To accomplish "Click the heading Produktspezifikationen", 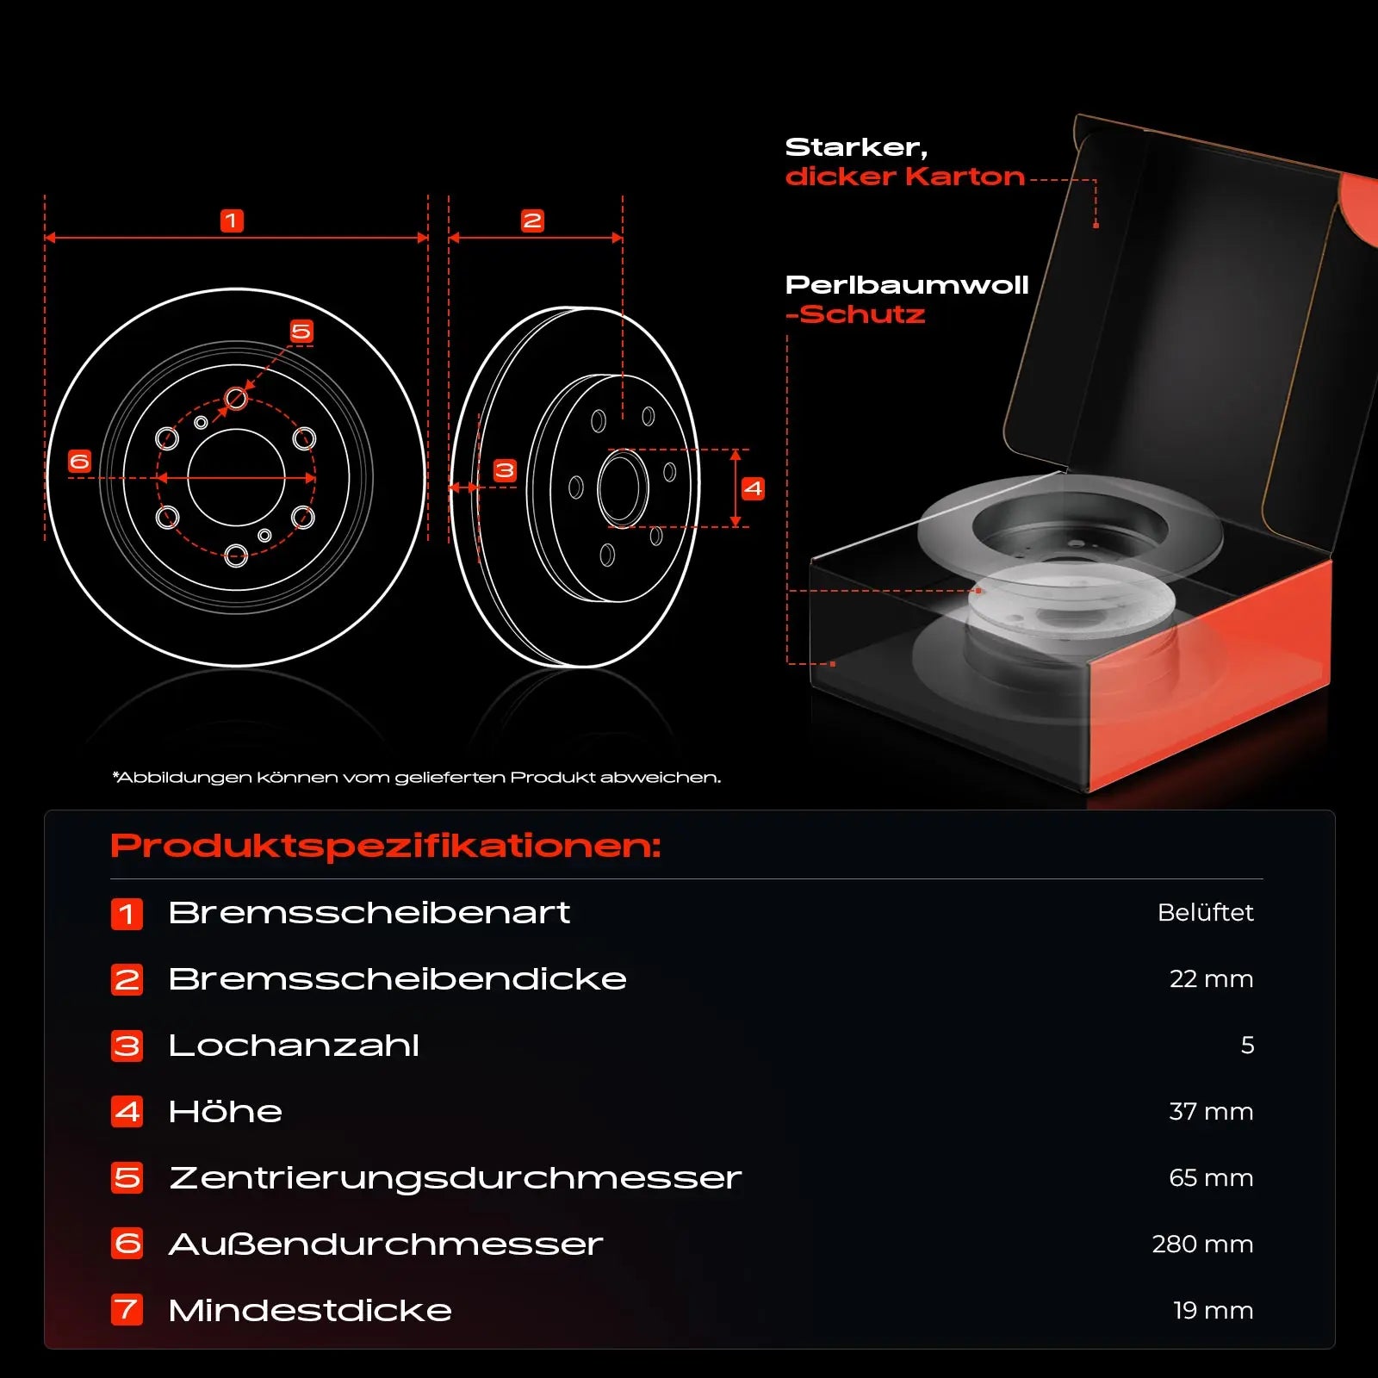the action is click(x=386, y=847).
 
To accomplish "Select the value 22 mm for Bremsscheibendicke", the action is click(x=1211, y=979).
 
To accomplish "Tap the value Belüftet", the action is click(x=1206, y=912).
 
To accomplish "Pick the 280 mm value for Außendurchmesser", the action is click(x=1202, y=1245).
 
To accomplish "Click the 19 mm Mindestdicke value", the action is click(x=1213, y=1311).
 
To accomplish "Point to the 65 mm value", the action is click(x=1211, y=1178).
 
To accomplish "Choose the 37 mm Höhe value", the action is click(x=1211, y=1112).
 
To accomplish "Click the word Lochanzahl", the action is click(x=294, y=1046).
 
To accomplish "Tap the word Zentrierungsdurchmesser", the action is click(x=455, y=1178).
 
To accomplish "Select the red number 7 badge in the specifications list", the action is click(x=127, y=1310).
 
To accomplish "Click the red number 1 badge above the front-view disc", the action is click(x=232, y=221).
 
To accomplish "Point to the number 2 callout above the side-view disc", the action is click(x=532, y=221).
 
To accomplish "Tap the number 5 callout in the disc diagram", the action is click(x=301, y=332).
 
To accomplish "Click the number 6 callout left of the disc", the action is click(x=79, y=462).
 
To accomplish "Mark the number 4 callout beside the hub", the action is click(x=754, y=489).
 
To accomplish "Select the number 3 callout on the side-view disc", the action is click(x=505, y=470).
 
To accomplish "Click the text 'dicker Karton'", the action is click(x=905, y=177).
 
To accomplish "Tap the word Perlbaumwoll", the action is click(x=907, y=285).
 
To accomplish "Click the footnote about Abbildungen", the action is click(x=417, y=778).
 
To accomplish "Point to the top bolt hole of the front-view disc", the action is click(x=236, y=398).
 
